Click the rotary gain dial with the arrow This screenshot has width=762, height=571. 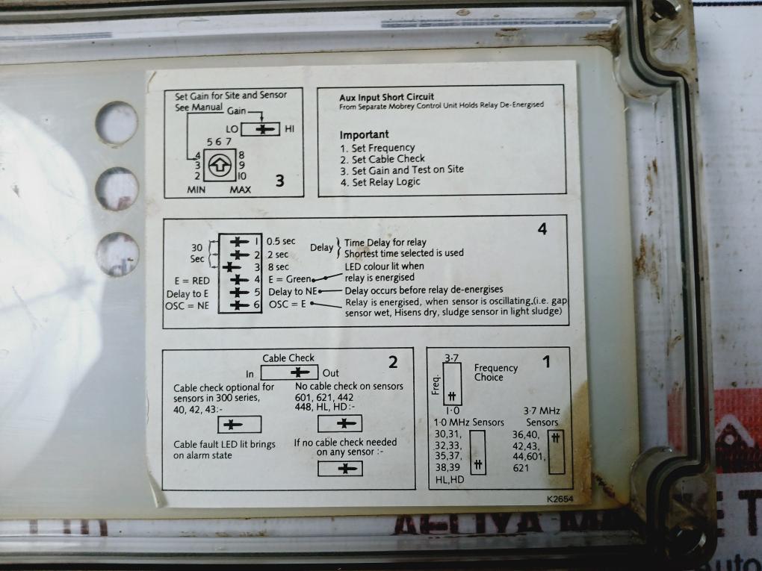click(x=218, y=164)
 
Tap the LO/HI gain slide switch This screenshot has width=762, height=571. click(x=261, y=129)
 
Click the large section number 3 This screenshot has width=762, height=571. click(x=279, y=180)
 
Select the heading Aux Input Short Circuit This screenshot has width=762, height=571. click(x=386, y=97)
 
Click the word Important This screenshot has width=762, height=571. click(x=364, y=134)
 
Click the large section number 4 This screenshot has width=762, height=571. click(x=542, y=229)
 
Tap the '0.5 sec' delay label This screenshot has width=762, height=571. click(x=281, y=241)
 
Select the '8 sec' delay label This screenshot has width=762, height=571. click(x=278, y=266)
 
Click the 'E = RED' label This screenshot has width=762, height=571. click(x=190, y=280)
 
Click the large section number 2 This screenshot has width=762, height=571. click(x=392, y=363)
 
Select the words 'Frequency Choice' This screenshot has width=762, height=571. click(x=495, y=372)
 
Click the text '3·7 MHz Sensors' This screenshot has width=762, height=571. click(x=542, y=416)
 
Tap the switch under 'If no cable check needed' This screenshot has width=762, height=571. click(x=340, y=468)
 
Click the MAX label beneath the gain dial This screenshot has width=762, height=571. click(x=240, y=190)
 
